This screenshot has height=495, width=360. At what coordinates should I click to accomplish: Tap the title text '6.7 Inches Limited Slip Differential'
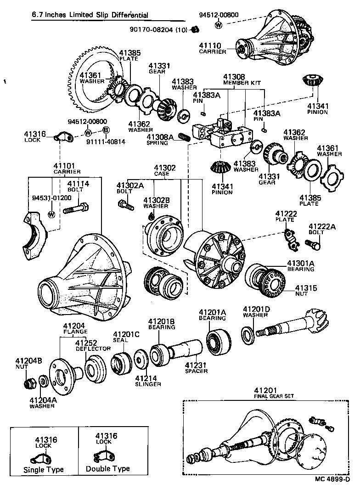[x=90, y=15]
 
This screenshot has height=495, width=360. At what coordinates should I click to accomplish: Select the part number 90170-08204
[x=152, y=30]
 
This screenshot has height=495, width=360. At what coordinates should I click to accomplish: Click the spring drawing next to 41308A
[x=184, y=137]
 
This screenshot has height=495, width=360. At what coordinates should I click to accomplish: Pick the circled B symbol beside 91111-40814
[x=106, y=131]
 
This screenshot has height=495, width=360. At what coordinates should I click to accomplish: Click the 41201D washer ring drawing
[x=248, y=335]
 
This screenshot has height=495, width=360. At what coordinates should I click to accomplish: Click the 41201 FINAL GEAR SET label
[x=274, y=393]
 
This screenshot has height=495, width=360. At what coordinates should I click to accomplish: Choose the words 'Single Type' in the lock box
[x=44, y=470]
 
